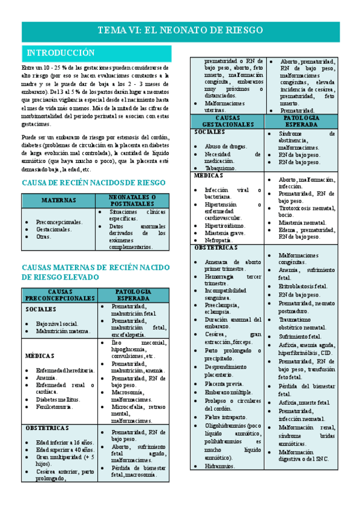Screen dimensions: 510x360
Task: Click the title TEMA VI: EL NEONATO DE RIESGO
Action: tap(180, 29)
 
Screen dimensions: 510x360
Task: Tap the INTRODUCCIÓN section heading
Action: tap(58, 52)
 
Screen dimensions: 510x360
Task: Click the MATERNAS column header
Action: tap(58, 200)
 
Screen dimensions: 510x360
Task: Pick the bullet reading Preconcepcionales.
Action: tap(60, 222)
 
